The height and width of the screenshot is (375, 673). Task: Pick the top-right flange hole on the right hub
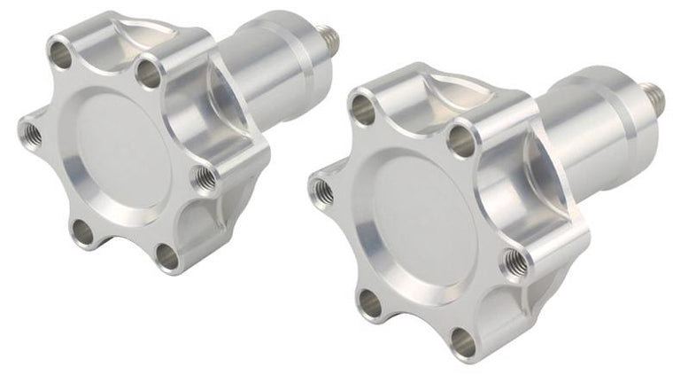click(461, 137)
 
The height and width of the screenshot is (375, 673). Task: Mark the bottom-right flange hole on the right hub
click(460, 339)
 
